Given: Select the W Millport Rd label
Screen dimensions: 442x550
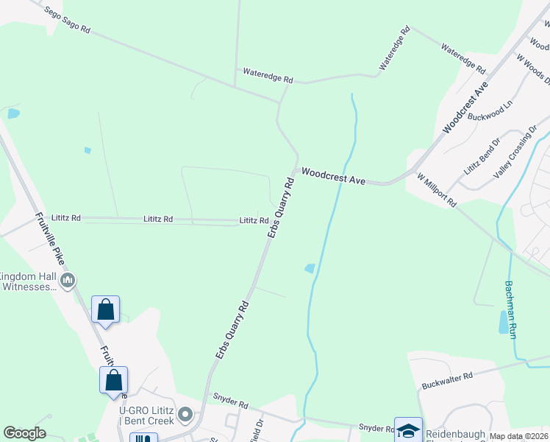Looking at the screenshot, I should [437, 189].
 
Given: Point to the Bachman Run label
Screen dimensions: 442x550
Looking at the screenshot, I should [510, 309].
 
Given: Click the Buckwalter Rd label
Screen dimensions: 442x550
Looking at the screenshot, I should [447, 380].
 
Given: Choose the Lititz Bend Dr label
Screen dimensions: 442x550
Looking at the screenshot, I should [482, 157].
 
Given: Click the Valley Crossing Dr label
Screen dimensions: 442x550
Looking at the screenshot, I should [516, 150].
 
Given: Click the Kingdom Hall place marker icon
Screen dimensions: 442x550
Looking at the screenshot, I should [68, 280].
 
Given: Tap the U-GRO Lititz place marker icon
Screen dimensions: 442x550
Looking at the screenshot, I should [185, 415].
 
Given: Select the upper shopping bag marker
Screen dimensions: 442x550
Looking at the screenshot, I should [105, 309].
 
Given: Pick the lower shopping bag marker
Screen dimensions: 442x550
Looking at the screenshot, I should [113, 380].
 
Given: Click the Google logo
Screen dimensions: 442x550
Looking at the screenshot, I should [24, 433].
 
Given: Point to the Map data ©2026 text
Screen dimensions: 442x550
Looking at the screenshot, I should [518, 436].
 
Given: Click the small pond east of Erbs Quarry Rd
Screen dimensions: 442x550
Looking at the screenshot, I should [310, 269].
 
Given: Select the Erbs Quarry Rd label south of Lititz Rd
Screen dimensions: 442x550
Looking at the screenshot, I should [233, 330].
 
